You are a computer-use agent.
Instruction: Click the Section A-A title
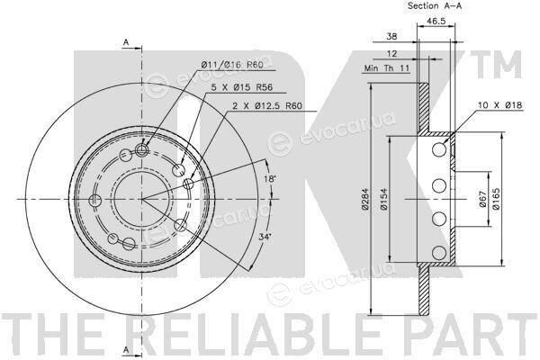pos(435,5)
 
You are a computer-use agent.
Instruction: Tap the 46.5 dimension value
pos(436,21)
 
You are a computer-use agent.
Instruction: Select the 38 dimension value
pos(391,36)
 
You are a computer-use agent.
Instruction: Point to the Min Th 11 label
pos(387,68)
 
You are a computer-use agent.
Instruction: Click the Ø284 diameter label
pos(365,199)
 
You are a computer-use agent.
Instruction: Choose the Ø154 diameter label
pos(384,199)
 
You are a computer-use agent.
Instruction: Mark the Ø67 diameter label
pos(482,199)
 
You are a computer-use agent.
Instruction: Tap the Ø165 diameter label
pos(496,199)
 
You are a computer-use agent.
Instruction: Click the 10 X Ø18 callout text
pos(500,105)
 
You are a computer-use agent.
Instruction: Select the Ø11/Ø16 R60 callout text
pos(232,65)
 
